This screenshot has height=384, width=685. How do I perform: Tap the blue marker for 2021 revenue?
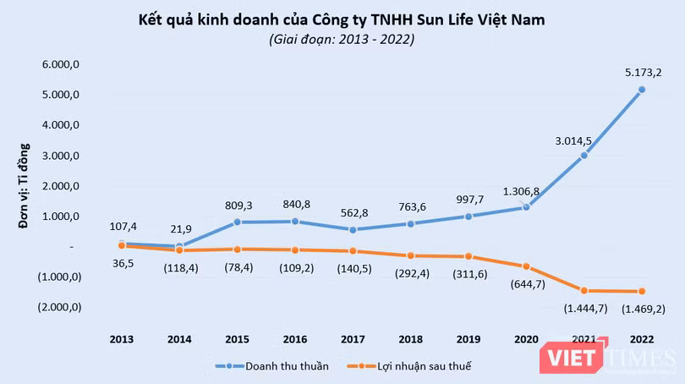coord(584,156)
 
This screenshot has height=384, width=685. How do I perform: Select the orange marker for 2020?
coord(526,266)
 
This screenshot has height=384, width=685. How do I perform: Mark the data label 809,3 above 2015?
coord(238,204)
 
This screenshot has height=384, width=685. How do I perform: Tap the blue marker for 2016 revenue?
coord(295,222)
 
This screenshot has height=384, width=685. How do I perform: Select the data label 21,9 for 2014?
coord(179,230)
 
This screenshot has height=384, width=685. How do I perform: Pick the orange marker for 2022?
coord(642,292)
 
